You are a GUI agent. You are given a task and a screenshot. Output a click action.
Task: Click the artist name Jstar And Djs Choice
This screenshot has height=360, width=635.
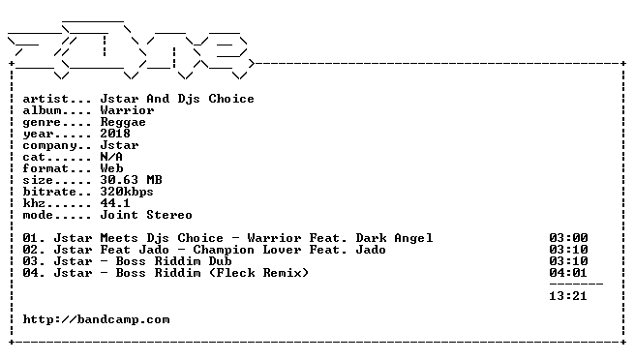(x=177, y=100)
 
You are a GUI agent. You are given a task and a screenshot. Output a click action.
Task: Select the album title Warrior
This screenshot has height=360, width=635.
(x=127, y=110)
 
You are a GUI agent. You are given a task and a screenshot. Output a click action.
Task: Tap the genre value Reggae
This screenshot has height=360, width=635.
(x=123, y=123)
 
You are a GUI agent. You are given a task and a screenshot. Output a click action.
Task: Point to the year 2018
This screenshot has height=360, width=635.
(x=115, y=134)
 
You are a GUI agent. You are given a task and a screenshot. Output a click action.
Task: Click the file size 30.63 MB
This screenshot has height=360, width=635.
(x=132, y=180)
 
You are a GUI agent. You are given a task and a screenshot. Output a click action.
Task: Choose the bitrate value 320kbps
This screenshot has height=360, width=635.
(x=127, y=193)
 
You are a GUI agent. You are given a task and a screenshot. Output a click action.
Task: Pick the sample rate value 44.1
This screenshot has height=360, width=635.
(x=115, y=203)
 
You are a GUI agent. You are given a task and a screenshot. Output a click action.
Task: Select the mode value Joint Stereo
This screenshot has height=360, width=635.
(x=146, y=215)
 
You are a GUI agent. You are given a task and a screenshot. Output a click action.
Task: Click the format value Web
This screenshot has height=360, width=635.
(x=111, y=168)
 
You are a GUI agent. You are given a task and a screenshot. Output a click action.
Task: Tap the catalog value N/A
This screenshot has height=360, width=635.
(x=111, y=157)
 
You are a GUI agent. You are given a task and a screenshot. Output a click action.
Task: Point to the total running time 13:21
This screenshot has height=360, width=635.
(x=568, y=296)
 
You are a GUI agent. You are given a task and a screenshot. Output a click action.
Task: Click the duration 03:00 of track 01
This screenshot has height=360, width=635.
(x=568, y=238)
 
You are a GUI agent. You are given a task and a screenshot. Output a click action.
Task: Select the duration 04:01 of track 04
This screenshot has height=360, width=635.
(x=568, y=273)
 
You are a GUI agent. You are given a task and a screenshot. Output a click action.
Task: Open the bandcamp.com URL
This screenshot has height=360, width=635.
(x=97, y=320)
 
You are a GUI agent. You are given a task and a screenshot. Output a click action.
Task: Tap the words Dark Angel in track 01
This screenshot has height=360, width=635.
(x=394, y=238)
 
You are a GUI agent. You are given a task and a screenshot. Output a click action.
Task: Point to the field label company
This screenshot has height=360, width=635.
(x=50, y=146)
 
